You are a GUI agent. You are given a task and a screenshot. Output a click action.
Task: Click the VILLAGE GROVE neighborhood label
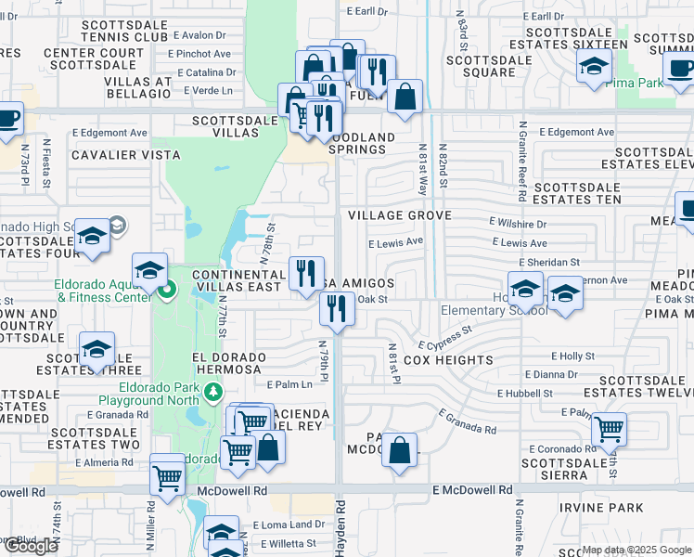coord(399,215)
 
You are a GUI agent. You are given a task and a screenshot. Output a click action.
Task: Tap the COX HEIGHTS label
coord(448,360)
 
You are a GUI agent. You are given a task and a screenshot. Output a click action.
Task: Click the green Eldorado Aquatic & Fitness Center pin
coord(167,291)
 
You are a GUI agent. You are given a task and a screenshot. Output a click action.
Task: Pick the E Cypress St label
coord(445,336)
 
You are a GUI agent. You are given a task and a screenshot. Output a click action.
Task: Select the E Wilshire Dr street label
coord(518,224)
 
